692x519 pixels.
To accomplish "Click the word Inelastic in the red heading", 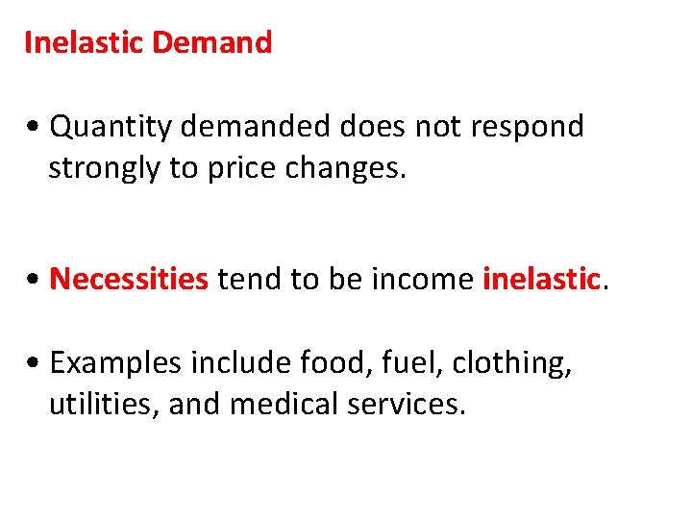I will [x=84, y=42].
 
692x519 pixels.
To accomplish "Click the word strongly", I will [x=105, y=168].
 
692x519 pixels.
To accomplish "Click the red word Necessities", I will [x=129, y=279].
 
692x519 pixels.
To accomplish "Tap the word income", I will [x=430, y=279].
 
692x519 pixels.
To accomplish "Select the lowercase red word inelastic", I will [x=541, y=279].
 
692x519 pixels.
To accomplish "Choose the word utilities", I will [x=104, y=405].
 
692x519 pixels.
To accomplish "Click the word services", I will [x=408, y=405].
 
